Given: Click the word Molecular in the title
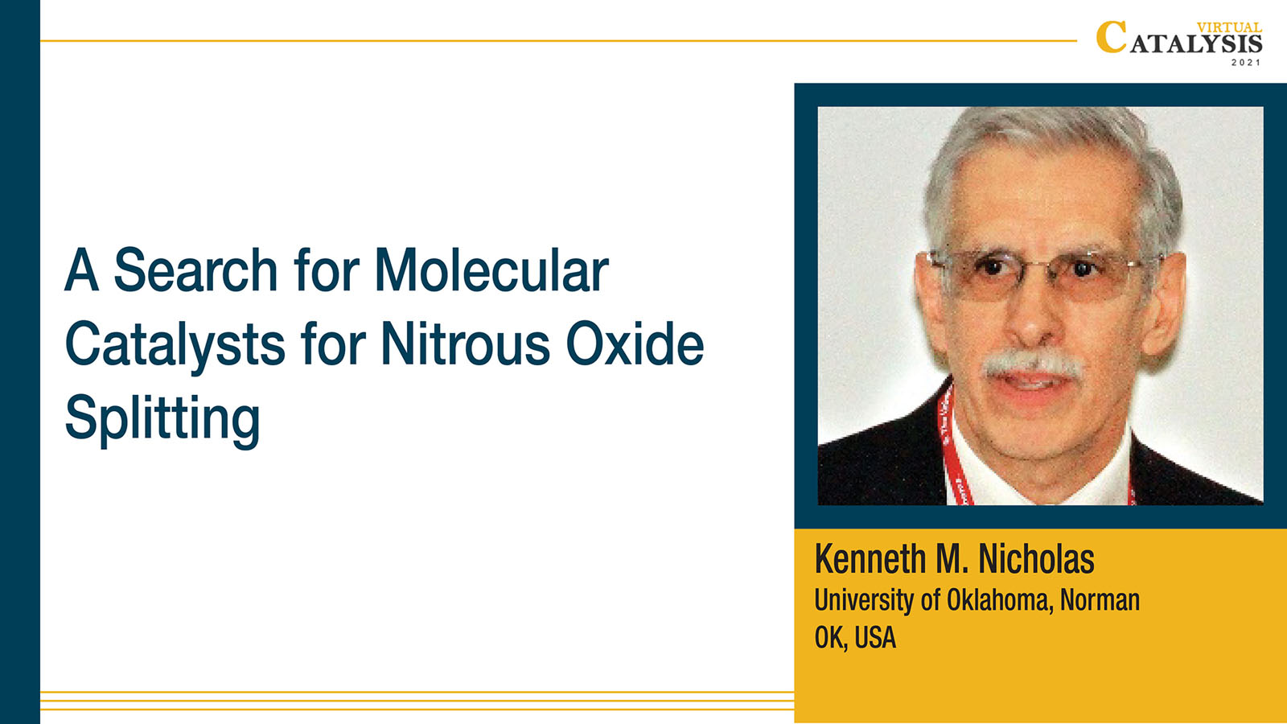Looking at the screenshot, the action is click(x=491, y=270).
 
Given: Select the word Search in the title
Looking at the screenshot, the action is click(x=196, y=269).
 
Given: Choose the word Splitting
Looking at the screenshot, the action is click(x=162, y=419).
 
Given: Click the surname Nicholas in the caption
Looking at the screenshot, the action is click(x=1037, y=559).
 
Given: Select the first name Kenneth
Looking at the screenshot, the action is click(x=870, y=559).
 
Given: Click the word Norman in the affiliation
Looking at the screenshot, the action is click(x=1100, y=600).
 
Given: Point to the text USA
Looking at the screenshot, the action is click(x=875, y=638).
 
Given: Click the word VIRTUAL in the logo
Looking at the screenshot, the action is click(x=1230, y=27).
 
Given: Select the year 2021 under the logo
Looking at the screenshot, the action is click(x=1246, y=63).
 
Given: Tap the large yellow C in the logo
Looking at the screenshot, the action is click(x=1111, y=37).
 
